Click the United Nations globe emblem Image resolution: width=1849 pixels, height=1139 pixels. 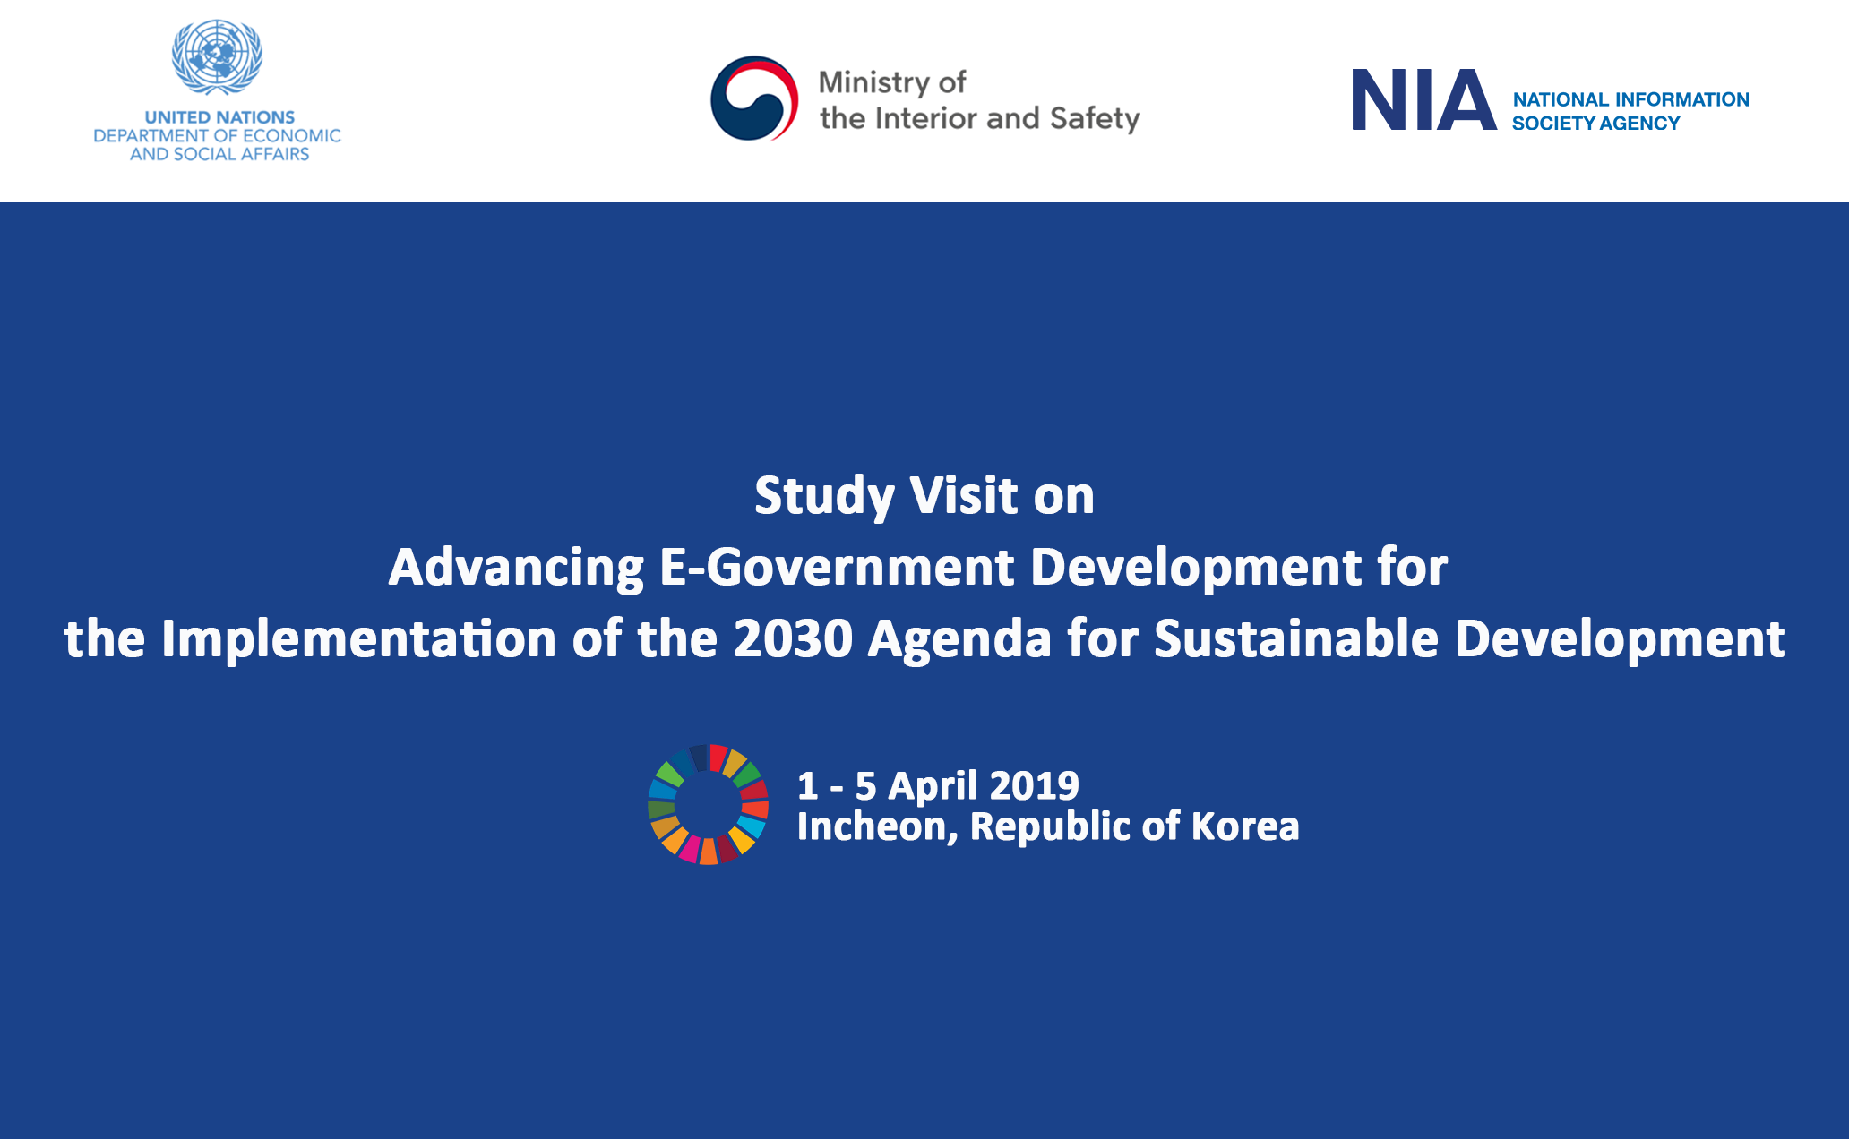217,57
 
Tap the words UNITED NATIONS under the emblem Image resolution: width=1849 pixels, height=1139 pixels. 219,117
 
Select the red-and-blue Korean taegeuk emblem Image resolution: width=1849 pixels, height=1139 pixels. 754,98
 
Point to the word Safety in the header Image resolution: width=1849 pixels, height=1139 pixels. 1095,119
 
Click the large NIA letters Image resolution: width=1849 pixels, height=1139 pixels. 1423,100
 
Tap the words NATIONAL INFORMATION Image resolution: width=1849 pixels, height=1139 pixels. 1630,99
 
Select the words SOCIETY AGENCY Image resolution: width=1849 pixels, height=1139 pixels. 1595,124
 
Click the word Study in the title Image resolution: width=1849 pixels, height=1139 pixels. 824,497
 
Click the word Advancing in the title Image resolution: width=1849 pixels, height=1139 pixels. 516,569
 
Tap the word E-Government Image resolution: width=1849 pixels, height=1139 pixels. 837,567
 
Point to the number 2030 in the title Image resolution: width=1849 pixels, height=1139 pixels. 793,638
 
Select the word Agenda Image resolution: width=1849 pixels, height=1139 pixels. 959,640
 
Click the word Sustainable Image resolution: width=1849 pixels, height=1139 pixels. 1296,638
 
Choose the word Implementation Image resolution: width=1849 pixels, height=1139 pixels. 358,640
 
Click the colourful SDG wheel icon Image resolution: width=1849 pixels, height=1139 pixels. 708,804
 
